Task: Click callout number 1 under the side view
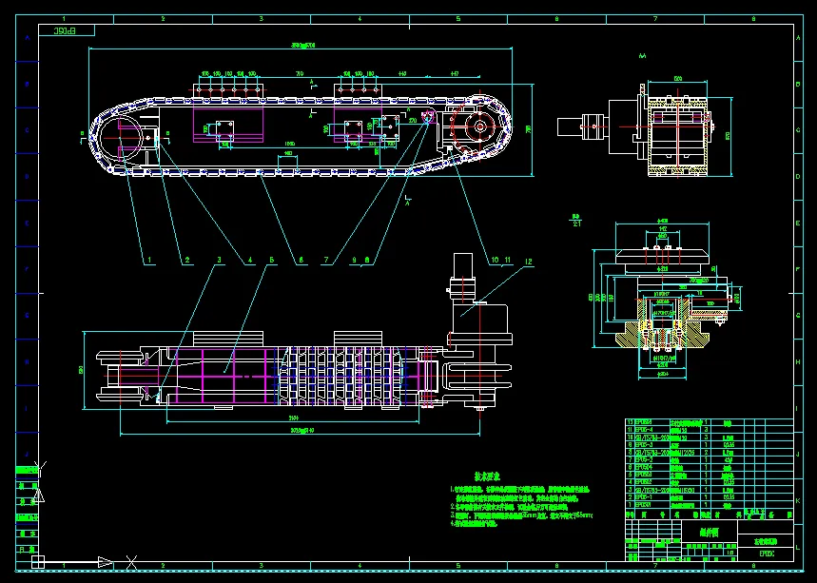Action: [x=147, y=259]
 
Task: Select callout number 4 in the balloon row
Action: [x=250, y=259]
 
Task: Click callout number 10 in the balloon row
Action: [x=494, y=259]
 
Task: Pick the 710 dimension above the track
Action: [x=299, y=73]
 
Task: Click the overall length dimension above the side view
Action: [x=302, y=45]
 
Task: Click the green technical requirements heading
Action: [x=488, y=476]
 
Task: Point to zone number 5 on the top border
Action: [x=457, y=18]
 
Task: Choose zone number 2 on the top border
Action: [x=163, y=18]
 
